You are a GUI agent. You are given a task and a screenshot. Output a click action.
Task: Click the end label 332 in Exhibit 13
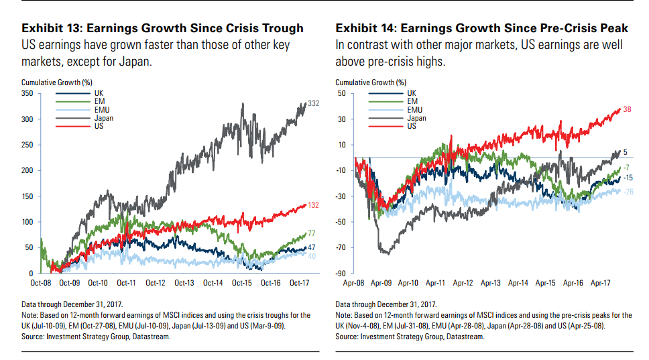click(x=313, y=103)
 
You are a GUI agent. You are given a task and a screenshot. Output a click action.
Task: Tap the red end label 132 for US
click(x=313, y=205)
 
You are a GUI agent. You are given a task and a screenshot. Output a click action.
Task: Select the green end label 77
click(x=311, y=233)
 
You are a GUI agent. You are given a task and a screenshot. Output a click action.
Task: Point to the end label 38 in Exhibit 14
click(x=627, y=109)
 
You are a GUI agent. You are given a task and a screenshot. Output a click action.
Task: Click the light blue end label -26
click(x=628, y=192)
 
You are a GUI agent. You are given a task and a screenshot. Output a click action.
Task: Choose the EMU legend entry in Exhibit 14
click(x=416, y=109)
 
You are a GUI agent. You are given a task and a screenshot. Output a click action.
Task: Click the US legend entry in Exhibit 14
click(x=412, y=125)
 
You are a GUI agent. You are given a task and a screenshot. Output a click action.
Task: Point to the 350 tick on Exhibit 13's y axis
click(x=29, y=94)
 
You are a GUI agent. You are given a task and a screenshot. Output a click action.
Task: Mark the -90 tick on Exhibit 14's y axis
click(x=343, y=274)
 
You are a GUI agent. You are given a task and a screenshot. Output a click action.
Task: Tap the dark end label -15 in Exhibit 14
click(x=628, y=178)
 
